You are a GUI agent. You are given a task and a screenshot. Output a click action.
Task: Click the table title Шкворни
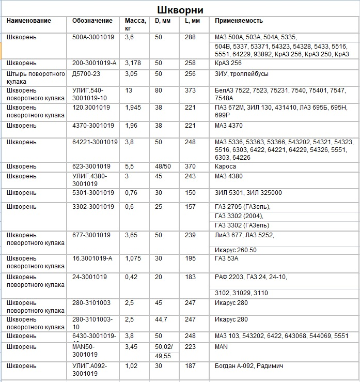pos(180,10)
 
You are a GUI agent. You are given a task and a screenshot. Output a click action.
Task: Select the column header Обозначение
pos(92,21)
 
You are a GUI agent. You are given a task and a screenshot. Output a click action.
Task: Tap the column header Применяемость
pos(239,21)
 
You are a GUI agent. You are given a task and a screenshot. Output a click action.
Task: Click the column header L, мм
pos(192,21)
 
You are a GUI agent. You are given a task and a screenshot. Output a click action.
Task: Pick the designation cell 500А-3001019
pos(93,37)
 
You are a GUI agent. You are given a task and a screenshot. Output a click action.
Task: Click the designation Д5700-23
pos(87,73)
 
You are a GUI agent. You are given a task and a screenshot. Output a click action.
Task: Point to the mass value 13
pos(129,90)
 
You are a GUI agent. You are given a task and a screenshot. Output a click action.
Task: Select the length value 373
pos(191,90)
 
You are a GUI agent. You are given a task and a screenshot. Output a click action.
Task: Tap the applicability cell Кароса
pos(225,166)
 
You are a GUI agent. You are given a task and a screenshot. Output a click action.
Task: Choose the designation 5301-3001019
pos(93,193)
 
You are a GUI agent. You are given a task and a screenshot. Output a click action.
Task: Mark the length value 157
pos(191,207)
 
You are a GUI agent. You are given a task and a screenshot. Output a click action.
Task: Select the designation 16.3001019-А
pos(92,258)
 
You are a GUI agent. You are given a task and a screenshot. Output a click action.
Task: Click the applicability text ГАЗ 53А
pos(227,258)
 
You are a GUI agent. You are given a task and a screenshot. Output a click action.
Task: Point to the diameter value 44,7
pos(161,319)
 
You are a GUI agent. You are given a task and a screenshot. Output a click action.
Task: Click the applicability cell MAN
pos(222,347)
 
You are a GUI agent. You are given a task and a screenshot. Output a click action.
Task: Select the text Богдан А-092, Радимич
pos(249,366)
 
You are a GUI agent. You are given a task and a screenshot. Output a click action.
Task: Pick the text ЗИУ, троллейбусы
pos(242,73)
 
